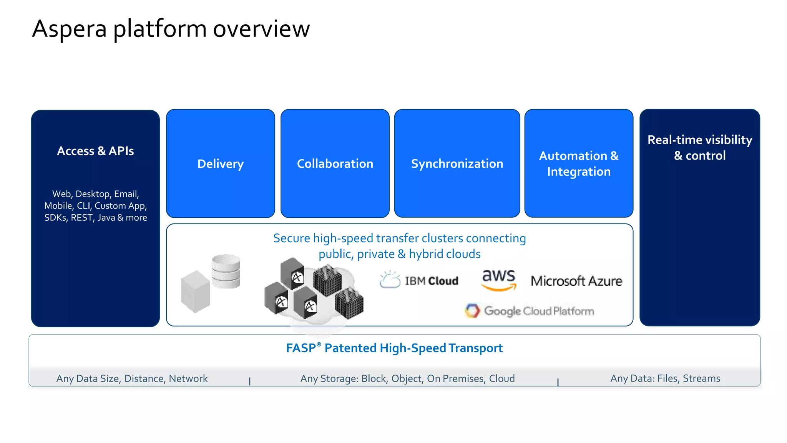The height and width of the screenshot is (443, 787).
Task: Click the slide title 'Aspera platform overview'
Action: pos(171,29)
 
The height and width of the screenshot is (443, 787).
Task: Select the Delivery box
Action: pos(221,164)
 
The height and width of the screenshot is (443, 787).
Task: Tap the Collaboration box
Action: pos(335,164)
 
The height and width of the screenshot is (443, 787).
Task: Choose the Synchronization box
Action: pos(457,164)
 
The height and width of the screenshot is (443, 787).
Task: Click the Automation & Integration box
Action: pos(579,164)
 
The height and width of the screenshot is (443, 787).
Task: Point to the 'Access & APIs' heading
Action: pos(95,151)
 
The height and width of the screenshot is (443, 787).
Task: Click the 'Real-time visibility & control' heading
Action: pos(700,147)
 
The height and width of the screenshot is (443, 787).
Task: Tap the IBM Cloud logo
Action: pos(419,280)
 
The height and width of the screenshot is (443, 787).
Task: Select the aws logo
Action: pos(498,280)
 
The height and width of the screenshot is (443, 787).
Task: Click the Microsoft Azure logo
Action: pos(576,281)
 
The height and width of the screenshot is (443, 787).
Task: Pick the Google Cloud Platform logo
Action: pos(530,311)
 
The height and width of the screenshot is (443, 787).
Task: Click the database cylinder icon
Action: pos(226,271)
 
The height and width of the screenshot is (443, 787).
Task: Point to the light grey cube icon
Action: pos(195,291)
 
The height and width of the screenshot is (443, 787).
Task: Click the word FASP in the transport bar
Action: pos(301,348)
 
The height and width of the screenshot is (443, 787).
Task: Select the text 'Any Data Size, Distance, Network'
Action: pos(132,379)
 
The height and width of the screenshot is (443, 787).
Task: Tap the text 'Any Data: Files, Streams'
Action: pos(665,379)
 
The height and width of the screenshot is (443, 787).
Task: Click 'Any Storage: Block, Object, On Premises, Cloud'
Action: pos(407,379)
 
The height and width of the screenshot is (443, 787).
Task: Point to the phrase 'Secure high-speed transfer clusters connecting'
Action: pos(399,238)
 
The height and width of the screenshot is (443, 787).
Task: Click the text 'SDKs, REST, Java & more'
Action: pos(96,218)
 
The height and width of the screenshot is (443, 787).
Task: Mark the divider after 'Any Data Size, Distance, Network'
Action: pos(250,381)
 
